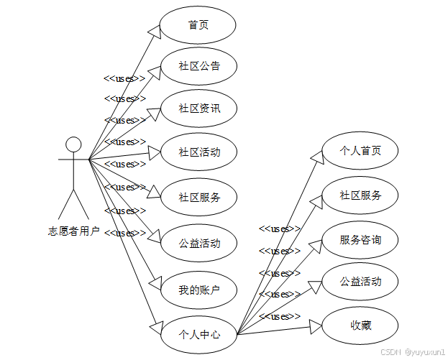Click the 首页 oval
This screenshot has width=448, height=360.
pos(198,25)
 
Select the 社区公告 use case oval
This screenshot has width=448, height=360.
pos(199,67)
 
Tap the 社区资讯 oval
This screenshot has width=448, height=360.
pos(199,109)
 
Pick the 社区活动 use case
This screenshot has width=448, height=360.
pos(199,152)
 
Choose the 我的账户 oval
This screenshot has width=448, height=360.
pos(199,290)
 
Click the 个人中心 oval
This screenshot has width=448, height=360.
pos(199,334)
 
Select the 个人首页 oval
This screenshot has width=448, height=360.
pos(360,151)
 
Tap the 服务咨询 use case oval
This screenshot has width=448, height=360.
pos(360,239)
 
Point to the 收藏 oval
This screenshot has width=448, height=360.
pos(360,326)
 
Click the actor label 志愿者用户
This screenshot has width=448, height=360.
pos(74,231)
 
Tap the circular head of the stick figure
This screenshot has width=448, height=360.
pos(73,144)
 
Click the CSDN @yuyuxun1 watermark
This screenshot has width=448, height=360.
pos(413,353)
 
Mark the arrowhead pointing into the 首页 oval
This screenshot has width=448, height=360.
pos(153,32)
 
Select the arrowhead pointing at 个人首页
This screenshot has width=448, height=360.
pos(316,157)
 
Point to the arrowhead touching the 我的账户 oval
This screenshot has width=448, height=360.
pos(154,283)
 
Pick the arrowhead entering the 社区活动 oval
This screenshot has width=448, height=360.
pos(153,152)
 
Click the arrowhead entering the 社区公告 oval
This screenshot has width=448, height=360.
pos(154,72)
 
